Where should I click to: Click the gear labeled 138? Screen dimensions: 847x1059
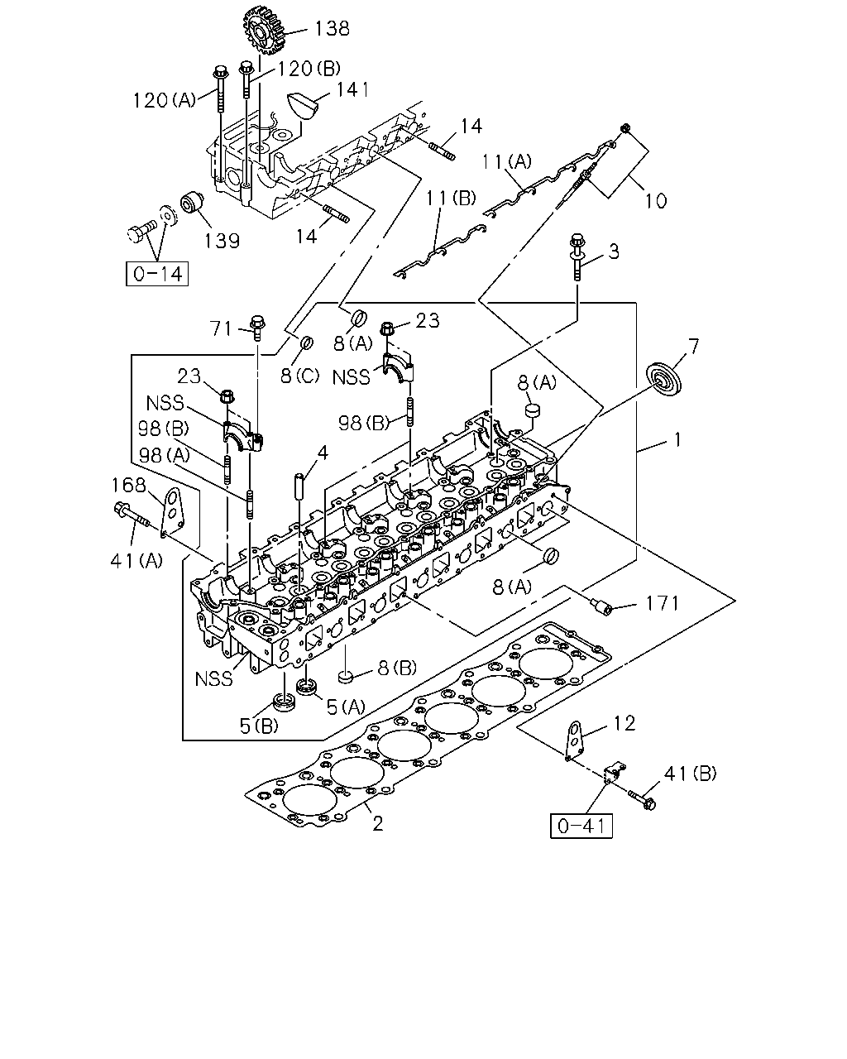pyautogui.click(x=266, y=30)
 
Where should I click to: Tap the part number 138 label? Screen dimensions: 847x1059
pyautogui.click(x=333, y=28)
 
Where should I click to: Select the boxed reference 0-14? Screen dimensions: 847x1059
pyautogui.click(x=157, y=274)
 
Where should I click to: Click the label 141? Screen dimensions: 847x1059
pyautogui.click(x=352, y=90)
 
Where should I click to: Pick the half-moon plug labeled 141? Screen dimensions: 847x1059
pyautogui.click(x=302, y=104)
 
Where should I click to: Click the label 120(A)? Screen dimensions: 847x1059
pyautogui.click(x=165, y=101)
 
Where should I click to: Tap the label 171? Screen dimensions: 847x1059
pyautogui.click(x=662, y=603)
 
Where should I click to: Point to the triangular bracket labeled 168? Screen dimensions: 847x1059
pyautogui.click(x=173, y=511)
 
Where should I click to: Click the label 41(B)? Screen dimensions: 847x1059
pyautogui.click(x=690, y=774)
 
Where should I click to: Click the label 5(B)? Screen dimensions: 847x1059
pyautogui.click(x=259, y=726)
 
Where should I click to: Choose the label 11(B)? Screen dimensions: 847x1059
pyautogui.click(x=451, y=198)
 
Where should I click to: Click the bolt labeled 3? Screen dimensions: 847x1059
pyautogui.click(x=577, y=257)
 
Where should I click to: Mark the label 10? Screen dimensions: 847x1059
pyautogui.click(x=656, y=201)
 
